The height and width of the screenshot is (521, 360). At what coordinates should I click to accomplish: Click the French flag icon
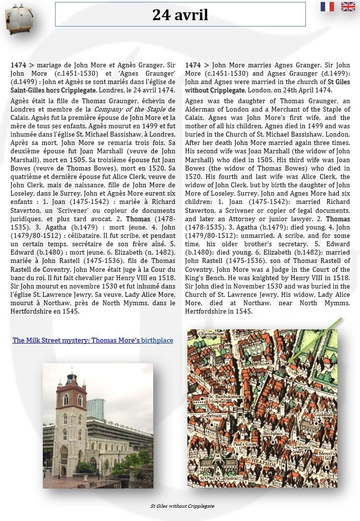point(327,6)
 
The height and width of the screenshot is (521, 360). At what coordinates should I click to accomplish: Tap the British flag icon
point(348,6)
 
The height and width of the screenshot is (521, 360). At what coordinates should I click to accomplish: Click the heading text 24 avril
point(180,15)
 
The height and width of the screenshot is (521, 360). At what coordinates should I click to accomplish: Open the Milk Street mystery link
point(93,340)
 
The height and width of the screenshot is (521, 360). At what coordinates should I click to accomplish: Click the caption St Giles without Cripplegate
point(182,506)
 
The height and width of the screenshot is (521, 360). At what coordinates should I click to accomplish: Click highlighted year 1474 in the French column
point(18,65)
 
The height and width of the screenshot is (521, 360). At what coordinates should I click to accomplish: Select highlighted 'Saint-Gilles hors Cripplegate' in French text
point(53,90)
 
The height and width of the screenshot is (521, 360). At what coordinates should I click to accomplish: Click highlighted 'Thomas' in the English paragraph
point(338,219)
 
